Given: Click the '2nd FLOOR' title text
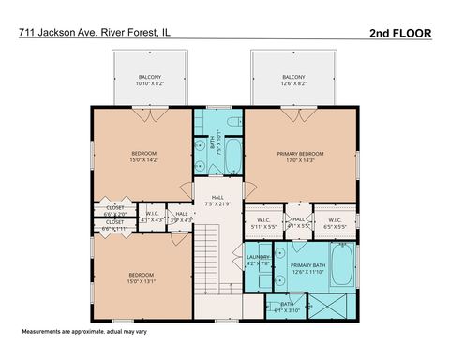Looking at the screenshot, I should (x=400, y=32).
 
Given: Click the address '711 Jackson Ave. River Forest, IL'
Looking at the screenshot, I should (x=93, y=32).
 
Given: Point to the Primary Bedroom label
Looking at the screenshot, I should (x=300, y=156).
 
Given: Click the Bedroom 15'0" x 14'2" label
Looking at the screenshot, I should (x=143, y=156).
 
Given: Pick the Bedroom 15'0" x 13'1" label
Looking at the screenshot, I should (x=143, y=277).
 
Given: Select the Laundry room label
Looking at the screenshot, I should (x=258, y=260).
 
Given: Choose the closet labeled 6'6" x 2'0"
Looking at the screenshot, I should (x=115, y=210).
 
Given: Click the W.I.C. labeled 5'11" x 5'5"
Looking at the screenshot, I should (x=263, y=223).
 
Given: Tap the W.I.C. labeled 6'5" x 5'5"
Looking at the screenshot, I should (x=336, y=223).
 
